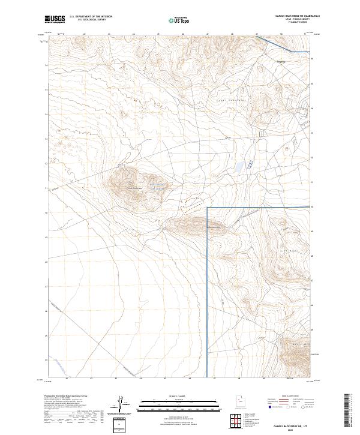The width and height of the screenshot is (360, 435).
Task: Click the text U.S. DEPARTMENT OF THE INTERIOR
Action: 91,17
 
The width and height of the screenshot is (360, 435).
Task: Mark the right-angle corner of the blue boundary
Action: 208,208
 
